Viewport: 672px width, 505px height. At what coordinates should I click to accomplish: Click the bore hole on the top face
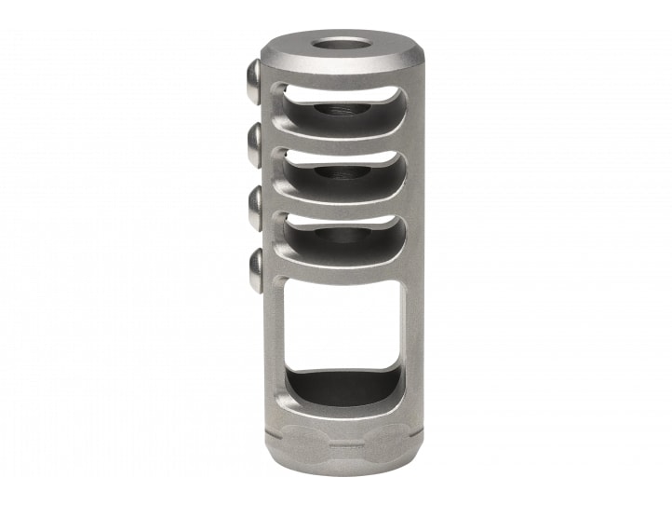coord(336,43)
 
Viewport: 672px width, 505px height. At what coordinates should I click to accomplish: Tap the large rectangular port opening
coord(343,326)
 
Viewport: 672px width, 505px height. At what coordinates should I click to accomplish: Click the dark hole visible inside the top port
coord(337,110)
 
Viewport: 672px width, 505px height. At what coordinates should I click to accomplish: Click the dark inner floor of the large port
coord(343,388)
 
